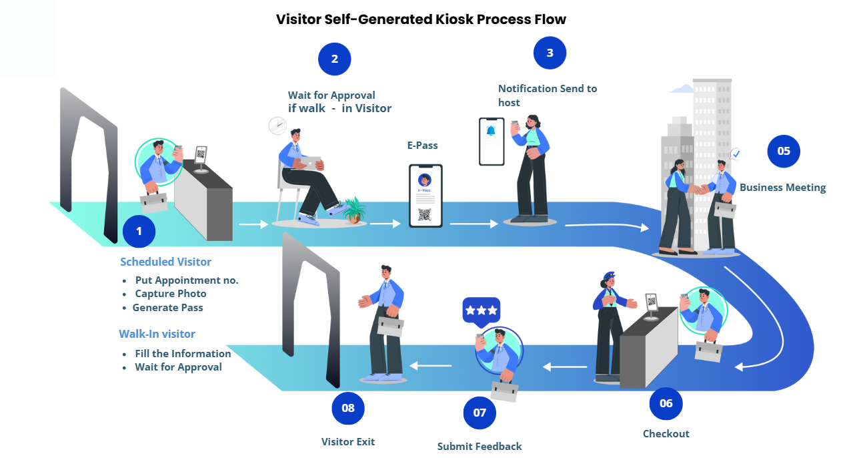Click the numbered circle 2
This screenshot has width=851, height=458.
[x=335, y=59]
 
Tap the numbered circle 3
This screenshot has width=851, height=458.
[x=550, y=53]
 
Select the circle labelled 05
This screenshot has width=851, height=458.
[x=784, y=151]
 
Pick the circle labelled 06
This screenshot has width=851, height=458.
[x=666, y=403]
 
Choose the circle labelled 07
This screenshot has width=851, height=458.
[x=480, y=413]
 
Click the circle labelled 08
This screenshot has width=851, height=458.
[x=348, y=408]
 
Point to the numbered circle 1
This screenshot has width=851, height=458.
[x=139, y=232]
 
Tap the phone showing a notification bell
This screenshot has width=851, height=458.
[x=492, y=141]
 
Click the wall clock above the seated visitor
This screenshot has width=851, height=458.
[x=277, y=125]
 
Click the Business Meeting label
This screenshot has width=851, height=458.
[x=782, y=188]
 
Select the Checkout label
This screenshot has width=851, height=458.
[x=666, y=434]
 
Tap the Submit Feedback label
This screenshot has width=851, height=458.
[x=480, y=446]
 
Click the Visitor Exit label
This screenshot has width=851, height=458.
[x=348, y=442]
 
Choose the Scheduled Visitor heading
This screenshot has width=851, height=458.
[x=165, y=262]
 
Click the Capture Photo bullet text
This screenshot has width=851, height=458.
[x=171, y=294]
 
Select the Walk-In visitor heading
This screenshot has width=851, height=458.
[x=157, y=334]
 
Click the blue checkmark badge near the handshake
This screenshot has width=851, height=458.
[x=736, y=154]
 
